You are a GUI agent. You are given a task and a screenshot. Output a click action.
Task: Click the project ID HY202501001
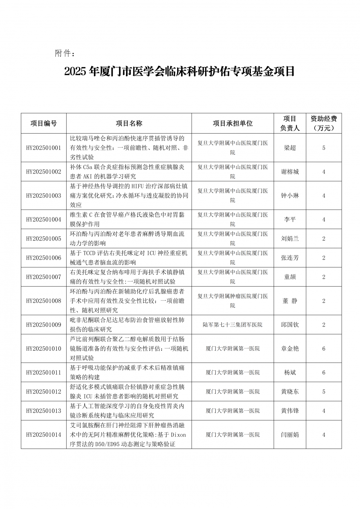pyautogui.click(x=44, y=148)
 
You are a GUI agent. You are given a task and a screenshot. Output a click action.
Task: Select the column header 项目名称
pyautogui.click(x=129, y=123)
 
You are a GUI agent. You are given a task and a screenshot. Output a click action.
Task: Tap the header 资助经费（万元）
pyautogui.click(x=324, y=123)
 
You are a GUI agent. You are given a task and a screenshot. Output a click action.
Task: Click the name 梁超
pyautogui.click(x=290, y=148)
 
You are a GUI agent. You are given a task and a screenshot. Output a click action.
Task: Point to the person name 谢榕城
pyautogui.click(x=290, y=172)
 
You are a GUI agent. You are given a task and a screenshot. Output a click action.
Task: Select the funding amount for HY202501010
pyautogui.click(x=324, y=348)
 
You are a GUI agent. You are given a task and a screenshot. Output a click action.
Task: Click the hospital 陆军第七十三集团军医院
pyautogui.click(x=233, y=325)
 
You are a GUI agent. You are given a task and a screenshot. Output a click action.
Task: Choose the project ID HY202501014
pyautogui.click(x=44, y=434)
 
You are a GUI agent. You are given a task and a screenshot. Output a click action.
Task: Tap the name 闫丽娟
pyautogui.click(x=290, y=434)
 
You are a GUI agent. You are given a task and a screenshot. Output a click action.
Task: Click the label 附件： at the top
pyautogui.click(x=65, y=54)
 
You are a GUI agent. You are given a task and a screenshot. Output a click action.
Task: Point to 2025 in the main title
pyautogui.click(x=75, y=72)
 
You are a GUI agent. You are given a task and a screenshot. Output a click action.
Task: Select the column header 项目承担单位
pyautogui.click(x=233, y=123)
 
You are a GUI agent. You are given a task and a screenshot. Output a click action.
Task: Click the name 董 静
pyautogui.click(x=290, y=301)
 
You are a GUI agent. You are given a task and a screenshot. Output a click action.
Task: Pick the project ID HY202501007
pyautogui.click(x=44, y=277)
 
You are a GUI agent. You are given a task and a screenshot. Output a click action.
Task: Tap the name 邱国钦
pyautogui.click(x=290, y=325)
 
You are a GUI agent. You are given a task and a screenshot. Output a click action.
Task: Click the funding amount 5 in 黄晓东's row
pyautogui.click(x=324, y=392)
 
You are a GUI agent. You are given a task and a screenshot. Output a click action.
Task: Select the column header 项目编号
pyautogui.click(x=44, y=123)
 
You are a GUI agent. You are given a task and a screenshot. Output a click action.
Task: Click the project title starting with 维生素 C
pyautogui.click(x=127, y=219)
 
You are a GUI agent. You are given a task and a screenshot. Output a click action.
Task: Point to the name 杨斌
pyautogui.click(x=290, y=373)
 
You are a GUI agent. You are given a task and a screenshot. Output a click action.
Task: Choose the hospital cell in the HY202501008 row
pyautogui.click(x=233, y=301)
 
